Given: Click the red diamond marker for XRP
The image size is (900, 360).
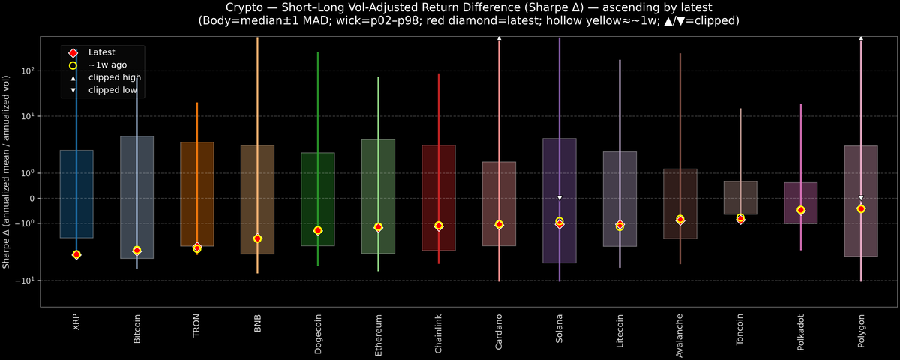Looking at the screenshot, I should coord(76,255).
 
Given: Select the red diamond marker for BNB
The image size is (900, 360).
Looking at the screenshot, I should coord(257,238).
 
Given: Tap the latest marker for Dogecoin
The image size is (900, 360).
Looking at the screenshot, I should coord(318,230).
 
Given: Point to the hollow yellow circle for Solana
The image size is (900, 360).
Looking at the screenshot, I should coord(559,221).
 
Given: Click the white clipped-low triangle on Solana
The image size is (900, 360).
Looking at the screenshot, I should coord(559,198).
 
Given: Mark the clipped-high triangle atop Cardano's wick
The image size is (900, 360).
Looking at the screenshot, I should coord(499,37).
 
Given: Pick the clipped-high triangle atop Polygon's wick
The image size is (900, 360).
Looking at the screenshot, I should coord(861,37).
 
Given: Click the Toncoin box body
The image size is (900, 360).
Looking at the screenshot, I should coord(740,198).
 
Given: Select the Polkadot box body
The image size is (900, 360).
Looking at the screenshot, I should coord(800,202).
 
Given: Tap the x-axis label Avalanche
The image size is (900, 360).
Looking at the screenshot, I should coord(679,334).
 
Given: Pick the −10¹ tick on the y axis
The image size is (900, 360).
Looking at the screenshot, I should coord(27,280).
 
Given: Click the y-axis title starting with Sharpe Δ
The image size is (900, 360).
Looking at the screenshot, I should coord(7,172).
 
